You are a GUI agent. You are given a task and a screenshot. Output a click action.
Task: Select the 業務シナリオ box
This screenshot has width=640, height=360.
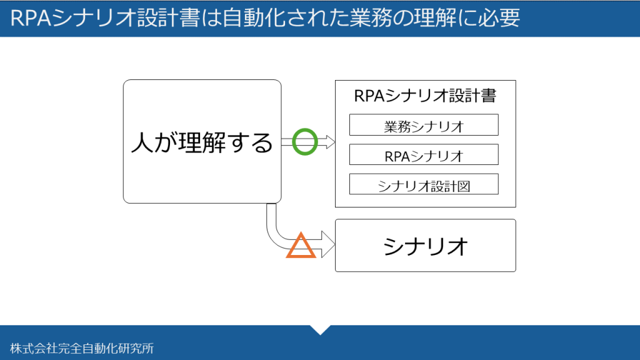pos(424,125)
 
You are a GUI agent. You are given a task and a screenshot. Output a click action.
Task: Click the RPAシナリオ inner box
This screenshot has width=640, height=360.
pos(424,154)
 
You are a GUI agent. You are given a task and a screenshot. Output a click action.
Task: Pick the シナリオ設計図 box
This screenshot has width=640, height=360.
pos(424,184)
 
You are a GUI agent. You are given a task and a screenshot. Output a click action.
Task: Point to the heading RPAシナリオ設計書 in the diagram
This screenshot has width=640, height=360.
pos(425,96)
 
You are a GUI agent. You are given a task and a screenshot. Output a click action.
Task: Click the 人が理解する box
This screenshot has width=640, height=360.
pos(202,142)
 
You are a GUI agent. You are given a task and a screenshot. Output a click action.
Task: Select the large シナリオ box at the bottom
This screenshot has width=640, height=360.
pos(425,245)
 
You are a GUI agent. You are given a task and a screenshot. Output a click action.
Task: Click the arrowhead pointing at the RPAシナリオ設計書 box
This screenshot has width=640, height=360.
pos(330,142)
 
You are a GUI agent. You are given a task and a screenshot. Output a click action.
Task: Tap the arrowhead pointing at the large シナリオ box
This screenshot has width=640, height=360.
pos(328,244)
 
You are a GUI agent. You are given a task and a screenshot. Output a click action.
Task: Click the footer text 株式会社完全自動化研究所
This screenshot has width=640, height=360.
pos(82,348)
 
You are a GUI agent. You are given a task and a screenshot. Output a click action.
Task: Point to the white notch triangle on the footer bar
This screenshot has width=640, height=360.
pos(321,329)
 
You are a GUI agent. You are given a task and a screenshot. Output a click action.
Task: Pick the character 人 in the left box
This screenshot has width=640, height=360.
pos(142,142)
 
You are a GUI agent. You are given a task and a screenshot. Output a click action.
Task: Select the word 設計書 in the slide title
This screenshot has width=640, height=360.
pos(169,18)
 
